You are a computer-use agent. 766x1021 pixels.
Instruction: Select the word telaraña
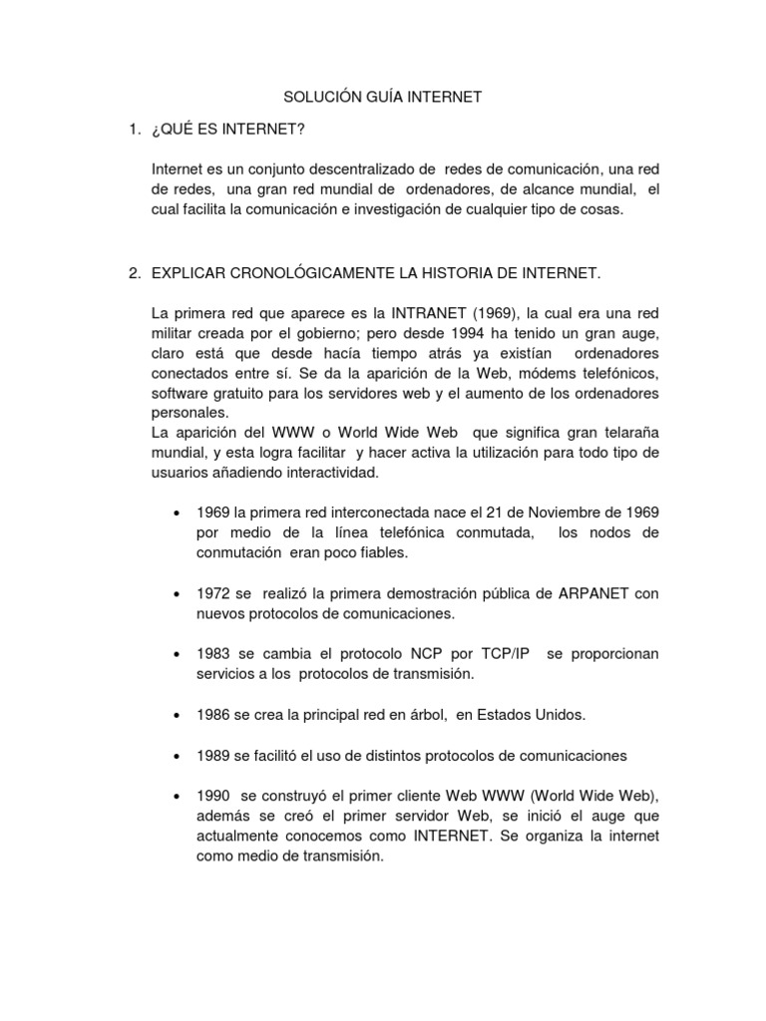tap(623, 432)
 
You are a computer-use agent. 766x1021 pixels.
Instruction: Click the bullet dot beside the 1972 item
tap(177, 594)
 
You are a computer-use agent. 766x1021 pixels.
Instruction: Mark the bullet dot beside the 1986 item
tap(177, 716)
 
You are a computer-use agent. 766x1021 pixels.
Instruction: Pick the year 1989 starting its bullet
tap(213, 756)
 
